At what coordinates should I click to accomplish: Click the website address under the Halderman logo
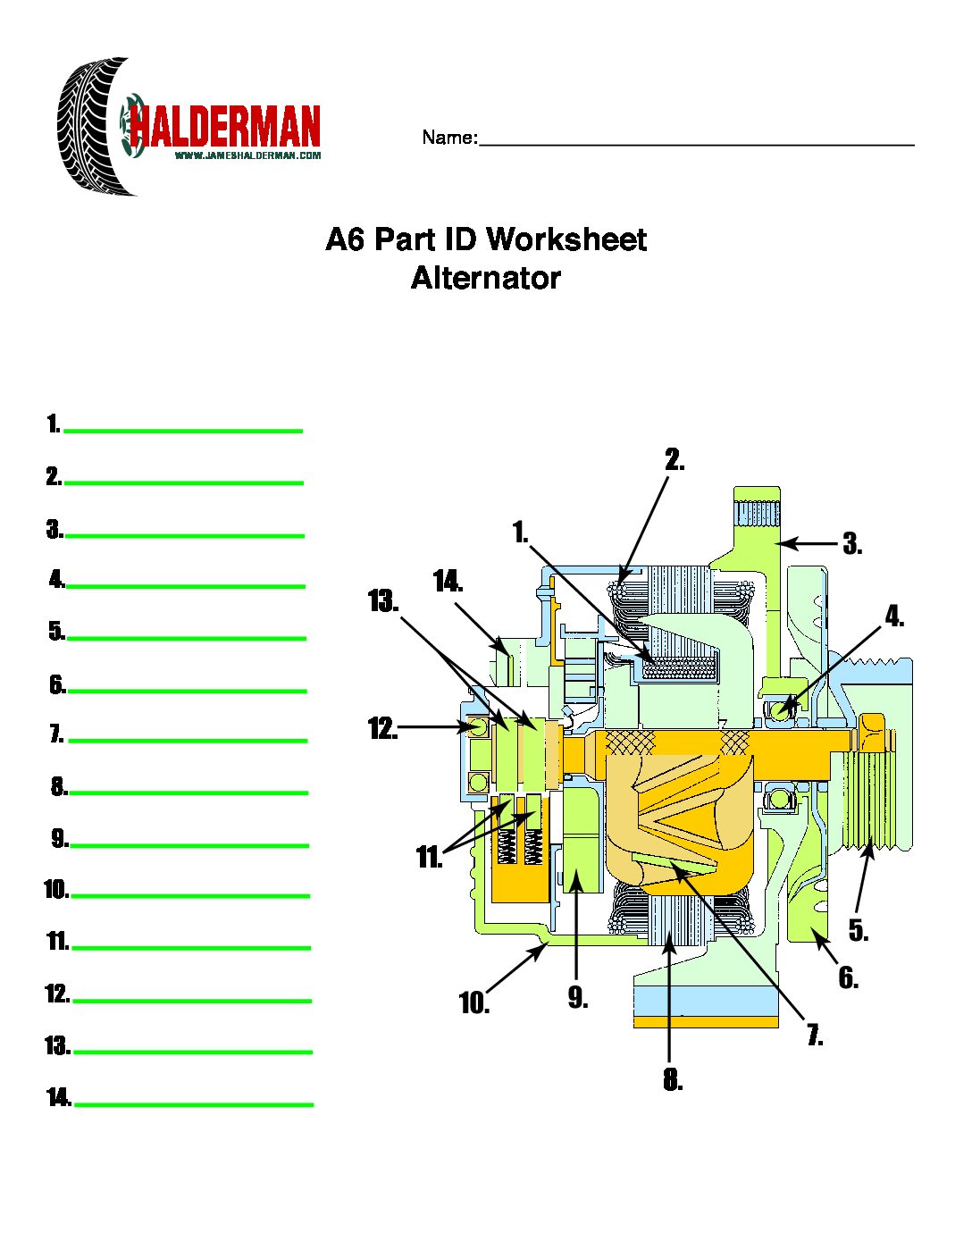(x=247, y=155)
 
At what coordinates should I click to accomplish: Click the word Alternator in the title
(x=485, y=278)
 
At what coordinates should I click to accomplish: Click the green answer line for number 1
(x=183, y=431)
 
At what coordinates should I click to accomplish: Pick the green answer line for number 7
(x=188, y=740)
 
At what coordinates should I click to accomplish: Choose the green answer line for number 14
(x=194, y=1104)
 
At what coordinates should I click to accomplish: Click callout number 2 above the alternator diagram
(x=674, y=459)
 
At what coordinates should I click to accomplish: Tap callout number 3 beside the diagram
(x=851, y=543)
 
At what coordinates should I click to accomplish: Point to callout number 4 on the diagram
(x=893, y=616)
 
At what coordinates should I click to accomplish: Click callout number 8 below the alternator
(x=672, y=1080)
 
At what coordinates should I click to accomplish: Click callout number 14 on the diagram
(x=447, y=582)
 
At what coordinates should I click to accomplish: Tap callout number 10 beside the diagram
(x=473, y=1003)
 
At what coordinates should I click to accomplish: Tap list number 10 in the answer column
(x=55, y=890)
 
